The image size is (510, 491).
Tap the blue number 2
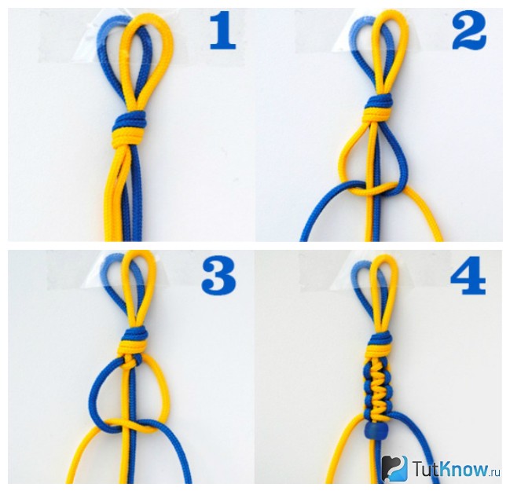pos(469,32)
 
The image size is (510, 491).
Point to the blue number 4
pos(468,276)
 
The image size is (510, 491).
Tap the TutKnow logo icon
pos(394,467)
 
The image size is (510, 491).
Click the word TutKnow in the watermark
pos(451,468)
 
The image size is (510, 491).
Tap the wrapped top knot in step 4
pos(380,346)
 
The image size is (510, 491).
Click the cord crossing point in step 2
pos(372,190)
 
